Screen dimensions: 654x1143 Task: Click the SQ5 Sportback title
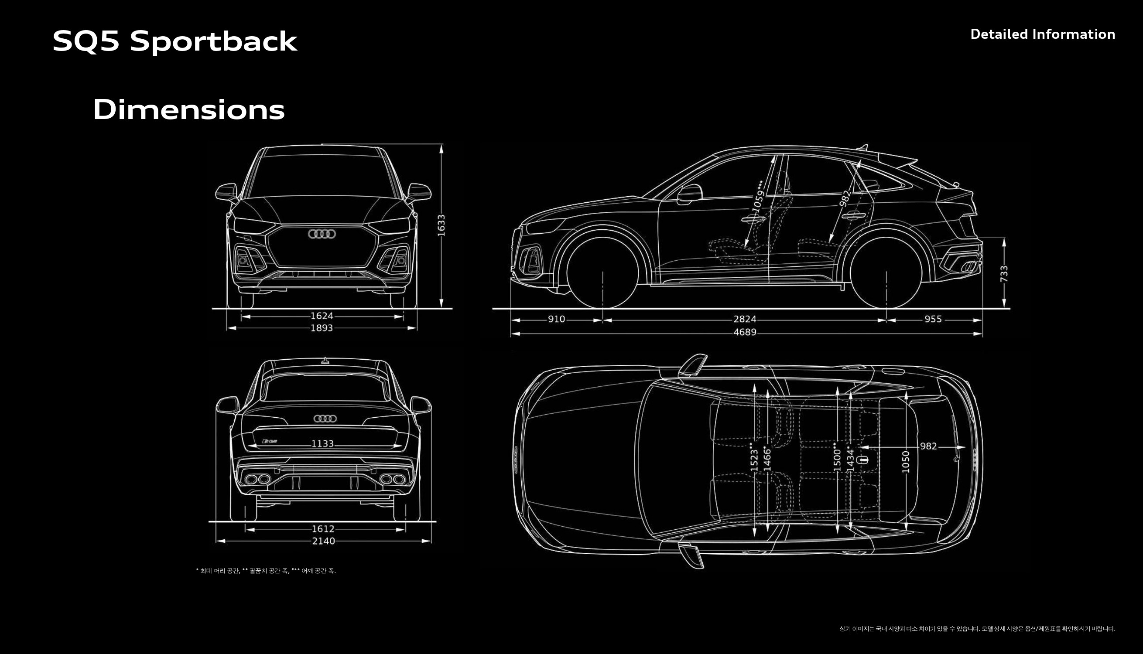tap(175, 41)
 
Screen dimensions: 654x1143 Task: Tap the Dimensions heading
tap(189, 109)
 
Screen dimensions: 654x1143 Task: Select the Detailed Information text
tap(1042, 34)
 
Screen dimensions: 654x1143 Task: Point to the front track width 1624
tap(322, 316)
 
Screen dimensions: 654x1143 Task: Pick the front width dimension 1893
tap(322, 328)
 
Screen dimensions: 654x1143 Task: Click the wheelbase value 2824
tap(745, 319)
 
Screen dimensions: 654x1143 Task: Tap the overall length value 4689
tap(745, 332)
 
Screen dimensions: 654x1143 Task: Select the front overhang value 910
tap(556, 319)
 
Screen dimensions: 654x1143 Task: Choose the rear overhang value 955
tap(933, 319)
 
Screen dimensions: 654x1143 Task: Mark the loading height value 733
tap(1004, 273)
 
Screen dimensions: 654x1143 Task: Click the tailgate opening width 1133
tap(322, 444)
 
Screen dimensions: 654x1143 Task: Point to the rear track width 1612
tap(323, 529)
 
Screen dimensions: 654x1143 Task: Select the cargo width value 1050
tap(906, 462)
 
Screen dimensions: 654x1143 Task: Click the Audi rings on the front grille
tap(322, 234)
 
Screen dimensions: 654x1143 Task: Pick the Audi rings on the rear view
tap(325, 419)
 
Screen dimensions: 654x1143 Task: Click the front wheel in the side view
tap(602, 273)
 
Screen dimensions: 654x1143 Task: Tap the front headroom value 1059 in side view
tap(758, 196)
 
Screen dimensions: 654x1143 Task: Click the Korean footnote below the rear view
tap(266, 571)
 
